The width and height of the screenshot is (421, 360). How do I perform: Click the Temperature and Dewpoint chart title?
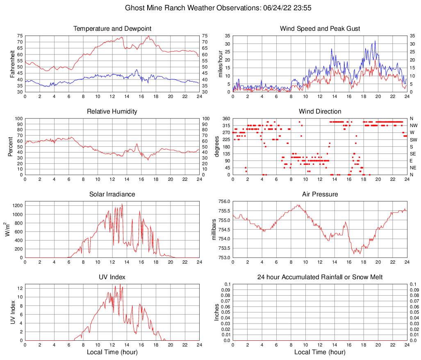[112, 29]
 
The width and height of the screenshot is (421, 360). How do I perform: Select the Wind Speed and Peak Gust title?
[320, 29]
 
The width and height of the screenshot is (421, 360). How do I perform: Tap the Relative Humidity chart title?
[112, 112]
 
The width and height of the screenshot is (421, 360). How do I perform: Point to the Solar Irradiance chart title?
[112, 194]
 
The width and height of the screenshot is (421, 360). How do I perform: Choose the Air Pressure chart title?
[320, 194]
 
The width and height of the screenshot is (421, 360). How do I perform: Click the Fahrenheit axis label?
[11, 64]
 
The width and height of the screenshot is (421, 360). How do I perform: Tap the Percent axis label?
[11, 147]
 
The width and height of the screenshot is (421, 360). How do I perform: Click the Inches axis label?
[217, 312]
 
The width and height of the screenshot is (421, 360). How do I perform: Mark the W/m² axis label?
[7, 230]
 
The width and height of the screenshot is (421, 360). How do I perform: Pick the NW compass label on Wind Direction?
[414, 125]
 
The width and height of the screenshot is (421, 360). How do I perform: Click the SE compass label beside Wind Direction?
[413, 154]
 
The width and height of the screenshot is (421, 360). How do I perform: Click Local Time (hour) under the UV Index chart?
[112, 352]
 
